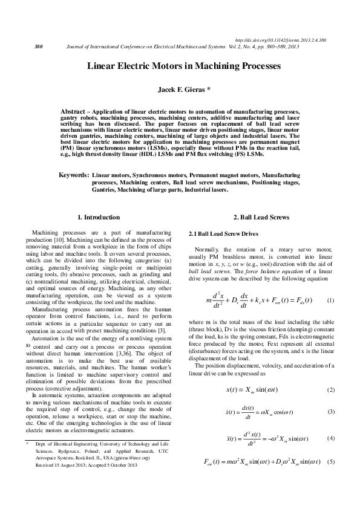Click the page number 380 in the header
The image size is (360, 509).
38,46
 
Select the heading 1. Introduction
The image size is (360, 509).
99,218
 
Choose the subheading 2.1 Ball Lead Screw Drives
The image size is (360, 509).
225,233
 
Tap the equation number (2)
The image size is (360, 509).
330,389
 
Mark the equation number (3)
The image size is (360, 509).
330,412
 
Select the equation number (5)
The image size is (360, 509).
330,462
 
